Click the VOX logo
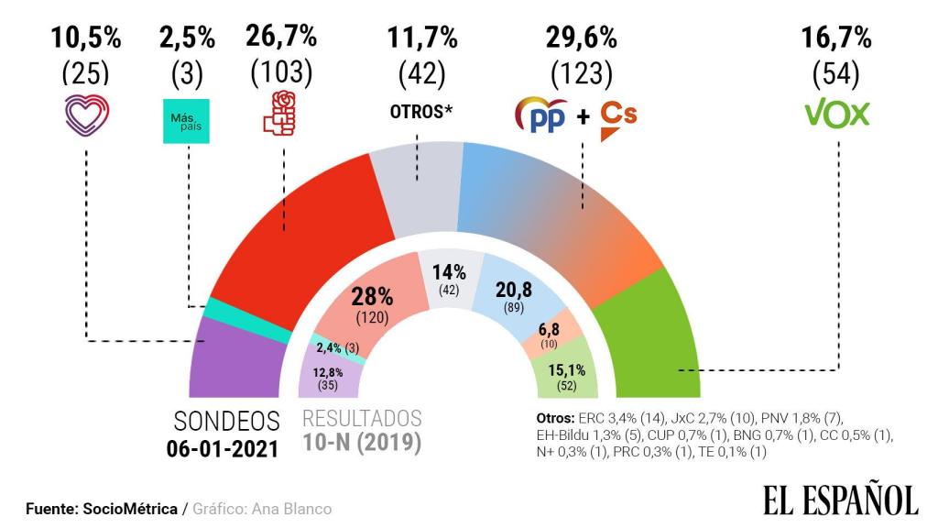pyautogui.click(x=835, y=115)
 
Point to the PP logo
pyautogui.click(x=542, y=116)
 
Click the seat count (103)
pyautogui.click(x=280, y=71)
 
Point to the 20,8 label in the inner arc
pyautogui.click(x=514, y=291)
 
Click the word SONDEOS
pyautogui.click(x=226, y=421)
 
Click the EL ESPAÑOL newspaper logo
pyautogui.click(x=840, y=499)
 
